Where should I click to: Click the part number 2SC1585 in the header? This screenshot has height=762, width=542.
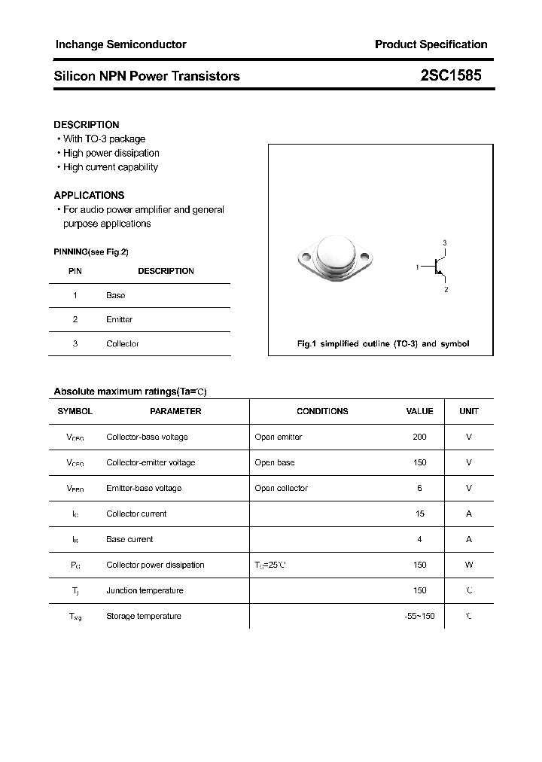(451, 75)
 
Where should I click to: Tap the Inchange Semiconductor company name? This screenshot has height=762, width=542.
(120, 44)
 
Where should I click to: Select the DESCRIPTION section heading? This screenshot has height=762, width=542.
(87, 124)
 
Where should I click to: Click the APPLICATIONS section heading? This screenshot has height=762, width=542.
(89, 195)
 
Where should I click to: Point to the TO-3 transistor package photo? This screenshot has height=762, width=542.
(336, 260)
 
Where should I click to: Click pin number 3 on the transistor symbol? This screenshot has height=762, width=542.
(445, 242)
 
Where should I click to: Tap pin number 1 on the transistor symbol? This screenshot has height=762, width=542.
(417, 267)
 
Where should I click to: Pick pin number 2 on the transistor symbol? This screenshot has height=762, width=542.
(446, 289)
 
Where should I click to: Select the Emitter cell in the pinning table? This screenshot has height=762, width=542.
(119, 319)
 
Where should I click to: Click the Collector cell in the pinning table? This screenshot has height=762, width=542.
(122, 343)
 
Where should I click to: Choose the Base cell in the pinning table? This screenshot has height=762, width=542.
(115, 295)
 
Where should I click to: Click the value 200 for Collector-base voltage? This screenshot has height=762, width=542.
(419, 437)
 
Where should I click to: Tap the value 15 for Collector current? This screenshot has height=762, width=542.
(419, 514)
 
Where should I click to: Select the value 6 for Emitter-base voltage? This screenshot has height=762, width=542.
(419, 488)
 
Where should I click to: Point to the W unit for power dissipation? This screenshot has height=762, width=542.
(469, 565)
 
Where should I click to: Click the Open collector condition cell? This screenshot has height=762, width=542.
(281, 488)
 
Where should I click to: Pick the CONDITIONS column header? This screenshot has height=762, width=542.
(322, 411)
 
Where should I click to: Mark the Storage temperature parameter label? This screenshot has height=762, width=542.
(144, 616)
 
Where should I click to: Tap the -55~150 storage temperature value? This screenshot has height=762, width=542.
(419, 616)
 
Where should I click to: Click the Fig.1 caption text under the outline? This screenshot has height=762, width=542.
(383, 343)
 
